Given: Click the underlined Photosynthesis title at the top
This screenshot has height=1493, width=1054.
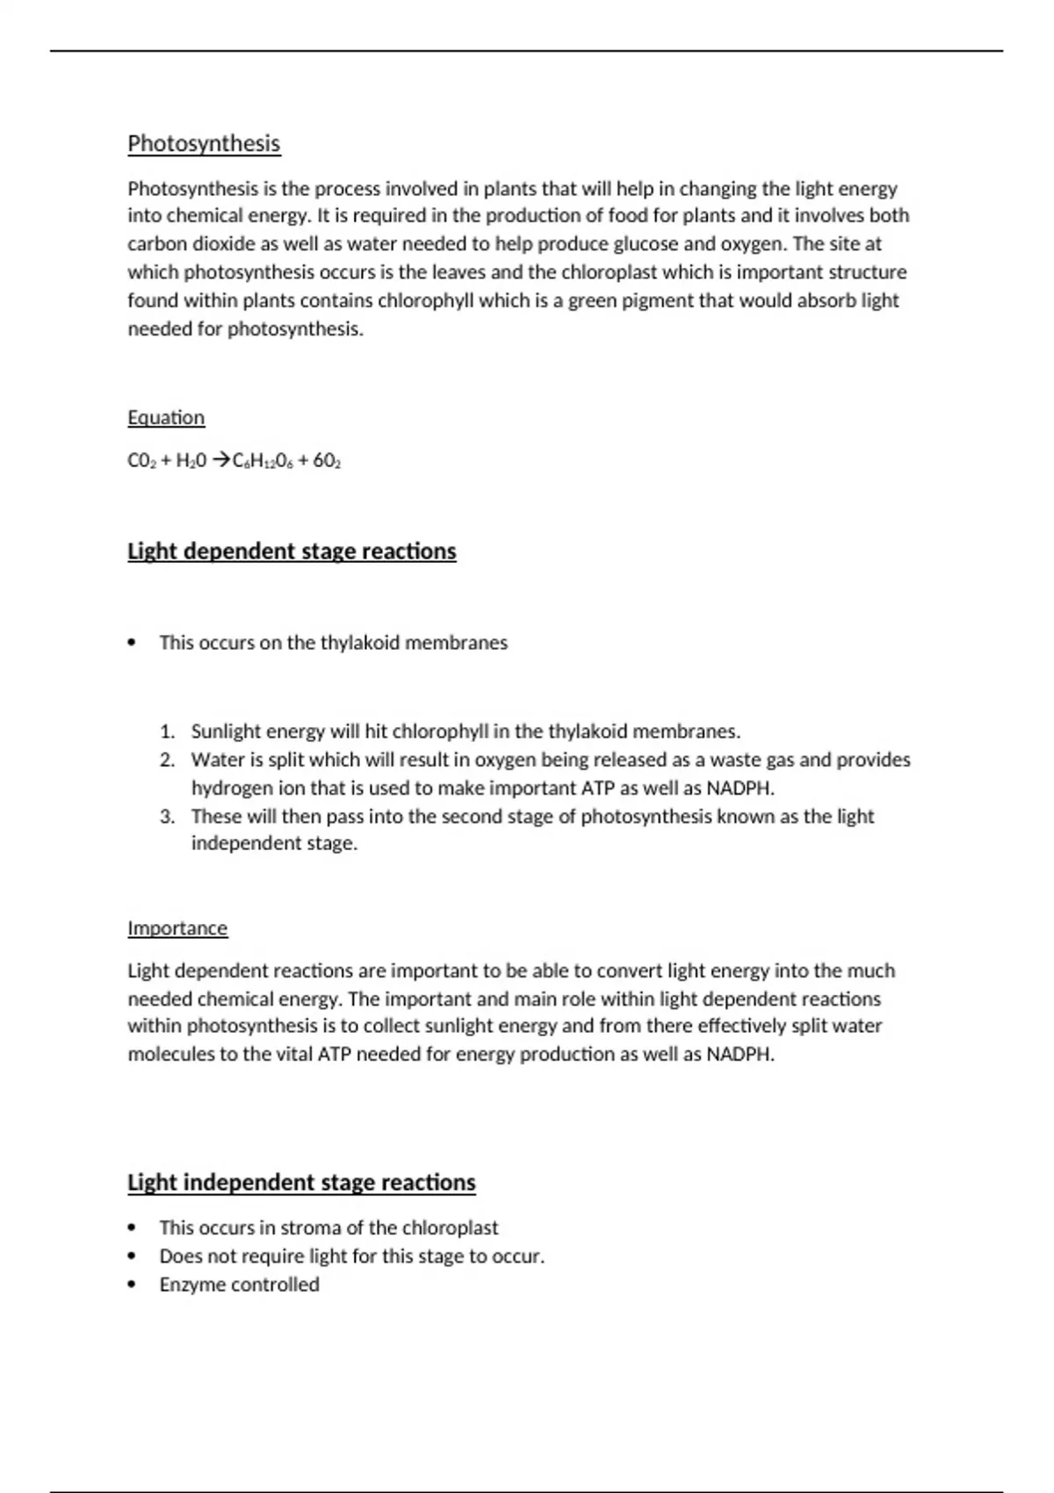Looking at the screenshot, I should click(204, 144).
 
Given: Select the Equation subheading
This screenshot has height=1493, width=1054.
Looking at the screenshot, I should click(166, 418).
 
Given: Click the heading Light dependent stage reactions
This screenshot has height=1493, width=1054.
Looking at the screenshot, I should click(292, 552).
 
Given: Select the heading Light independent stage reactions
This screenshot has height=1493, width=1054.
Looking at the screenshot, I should click(301, 1183).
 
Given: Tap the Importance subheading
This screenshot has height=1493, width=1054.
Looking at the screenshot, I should click(177, 929).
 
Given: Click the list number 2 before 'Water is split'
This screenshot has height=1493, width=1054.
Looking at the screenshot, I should click(168, 761).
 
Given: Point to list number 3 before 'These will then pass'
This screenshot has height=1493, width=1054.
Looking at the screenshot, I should click(168, 817).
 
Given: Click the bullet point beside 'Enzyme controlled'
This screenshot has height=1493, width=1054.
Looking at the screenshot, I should click(133, 1285).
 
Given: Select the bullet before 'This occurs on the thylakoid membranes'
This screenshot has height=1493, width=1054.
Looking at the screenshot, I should click(133, 643).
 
